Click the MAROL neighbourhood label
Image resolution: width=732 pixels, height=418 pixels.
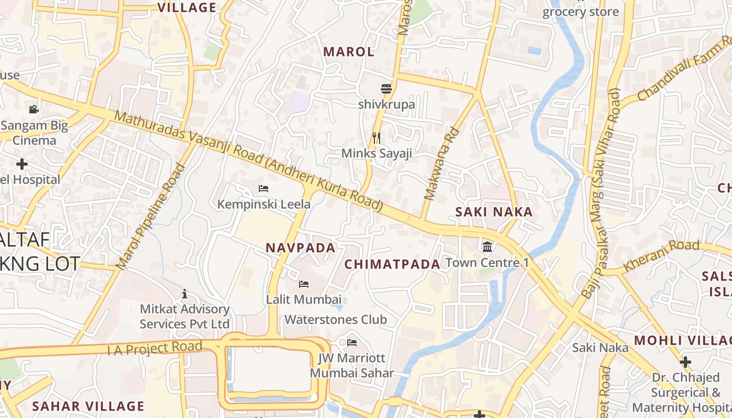[x=349, y=52]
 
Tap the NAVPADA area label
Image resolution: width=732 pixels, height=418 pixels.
[x=301, y=248]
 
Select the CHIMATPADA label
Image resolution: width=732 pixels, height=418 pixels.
[x=392, y=264]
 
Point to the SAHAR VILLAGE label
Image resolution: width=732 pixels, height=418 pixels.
[x=88, y=406]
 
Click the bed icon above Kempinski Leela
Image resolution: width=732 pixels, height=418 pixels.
[x=264, y=188]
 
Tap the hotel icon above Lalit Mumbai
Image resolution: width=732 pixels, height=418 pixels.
[x=303, y=284]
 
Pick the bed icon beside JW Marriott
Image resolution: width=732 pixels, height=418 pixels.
[x=352, y=343]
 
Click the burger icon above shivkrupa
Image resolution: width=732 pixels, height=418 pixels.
[x=386, y=89]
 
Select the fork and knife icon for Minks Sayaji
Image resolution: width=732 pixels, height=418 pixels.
[x=376, y=137]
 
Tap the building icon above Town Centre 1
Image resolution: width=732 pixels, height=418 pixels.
[x=487, y=247]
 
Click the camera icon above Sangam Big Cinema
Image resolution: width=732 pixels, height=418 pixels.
[x=34, y=109]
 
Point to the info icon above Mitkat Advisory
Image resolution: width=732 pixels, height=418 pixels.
[x=184, y=294]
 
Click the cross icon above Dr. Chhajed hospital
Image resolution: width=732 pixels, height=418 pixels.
[x=685, y=362]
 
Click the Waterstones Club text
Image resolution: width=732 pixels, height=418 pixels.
[x=336, y=319]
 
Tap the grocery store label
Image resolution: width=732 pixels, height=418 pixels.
[x=580, y=12]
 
